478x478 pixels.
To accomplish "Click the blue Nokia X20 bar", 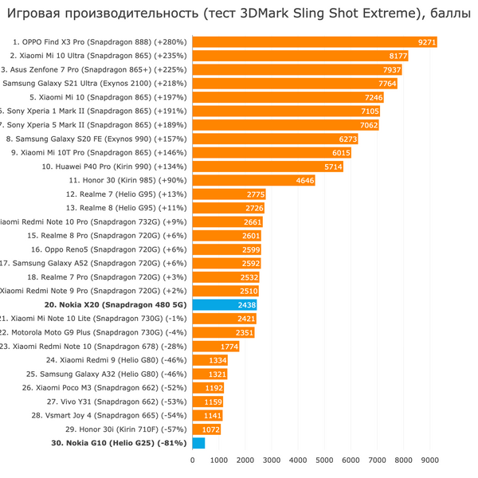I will click(224, 304).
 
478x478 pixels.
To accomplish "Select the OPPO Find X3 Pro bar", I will click(314, 42).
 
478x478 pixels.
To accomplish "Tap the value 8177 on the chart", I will click(398, 57).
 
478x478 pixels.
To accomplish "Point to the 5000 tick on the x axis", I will click(324, 460).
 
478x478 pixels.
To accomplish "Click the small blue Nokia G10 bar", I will click(198, 443).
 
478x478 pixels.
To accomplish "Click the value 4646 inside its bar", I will click(304, 180).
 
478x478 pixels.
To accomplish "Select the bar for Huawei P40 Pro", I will click(268, 167).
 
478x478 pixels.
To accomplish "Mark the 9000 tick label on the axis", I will click(429, 460).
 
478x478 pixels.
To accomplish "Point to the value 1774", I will click(229, 347).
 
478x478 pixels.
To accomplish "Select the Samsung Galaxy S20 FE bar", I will click(275, 139).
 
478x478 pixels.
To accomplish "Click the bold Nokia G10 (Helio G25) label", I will click(119, 443).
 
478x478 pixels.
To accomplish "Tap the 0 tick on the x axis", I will click(192, 460).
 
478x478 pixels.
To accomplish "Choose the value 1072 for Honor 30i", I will click(210, 429).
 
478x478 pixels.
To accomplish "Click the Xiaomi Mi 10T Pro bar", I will click(272, 152).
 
